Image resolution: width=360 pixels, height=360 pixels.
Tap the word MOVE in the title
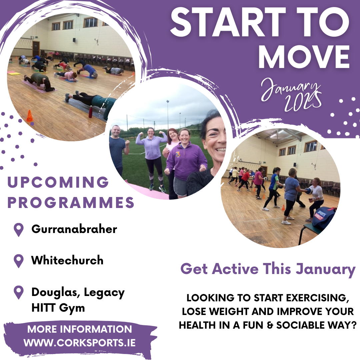(x=304, y=57)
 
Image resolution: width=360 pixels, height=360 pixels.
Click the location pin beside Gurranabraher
(x=19, y=229)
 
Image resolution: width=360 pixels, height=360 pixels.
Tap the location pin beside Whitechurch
(x=19, y=261)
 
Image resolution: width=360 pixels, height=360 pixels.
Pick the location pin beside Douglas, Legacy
(x=19, y=292)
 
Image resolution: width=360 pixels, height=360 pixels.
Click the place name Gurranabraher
(x=74, y=229)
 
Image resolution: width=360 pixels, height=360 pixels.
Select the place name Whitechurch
(x=67, y=260)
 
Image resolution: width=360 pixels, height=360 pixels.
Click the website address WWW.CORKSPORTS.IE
(x=79, y=343)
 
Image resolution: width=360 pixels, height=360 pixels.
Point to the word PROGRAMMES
(x=71, y=202)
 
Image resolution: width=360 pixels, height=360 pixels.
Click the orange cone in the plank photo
(x=30, y=116)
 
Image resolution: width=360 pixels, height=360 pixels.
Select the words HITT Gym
(x=58, y=308)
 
